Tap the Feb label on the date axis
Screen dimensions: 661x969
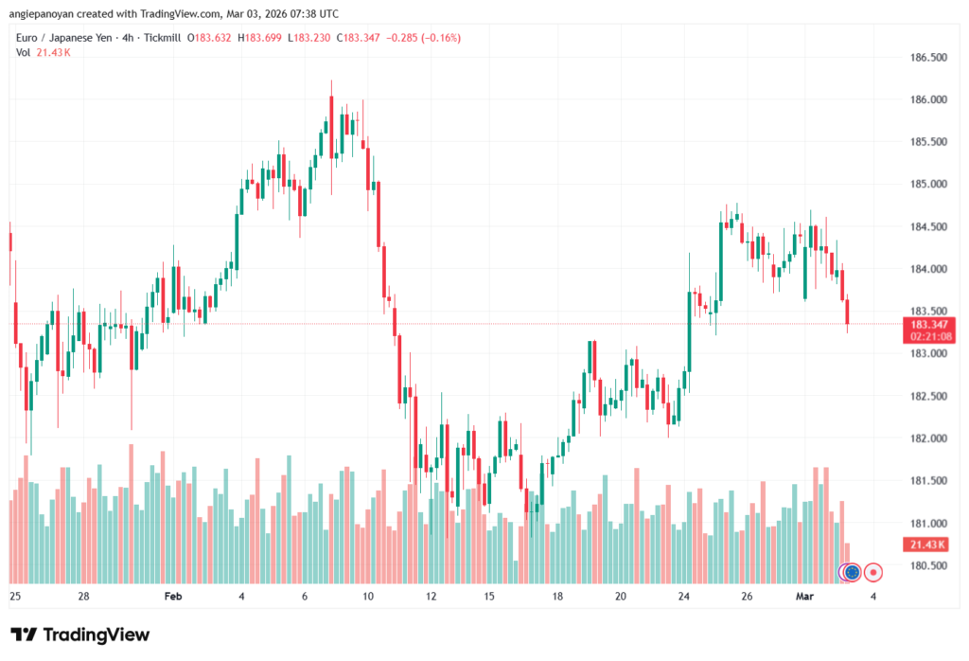(172, 597)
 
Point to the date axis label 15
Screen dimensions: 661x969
(488, 597)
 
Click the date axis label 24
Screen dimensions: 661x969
(684, 597)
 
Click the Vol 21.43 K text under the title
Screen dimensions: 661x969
(44, 52)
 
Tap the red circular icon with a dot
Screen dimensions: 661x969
(873, 572)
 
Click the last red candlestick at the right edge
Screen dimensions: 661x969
(848, 312)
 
